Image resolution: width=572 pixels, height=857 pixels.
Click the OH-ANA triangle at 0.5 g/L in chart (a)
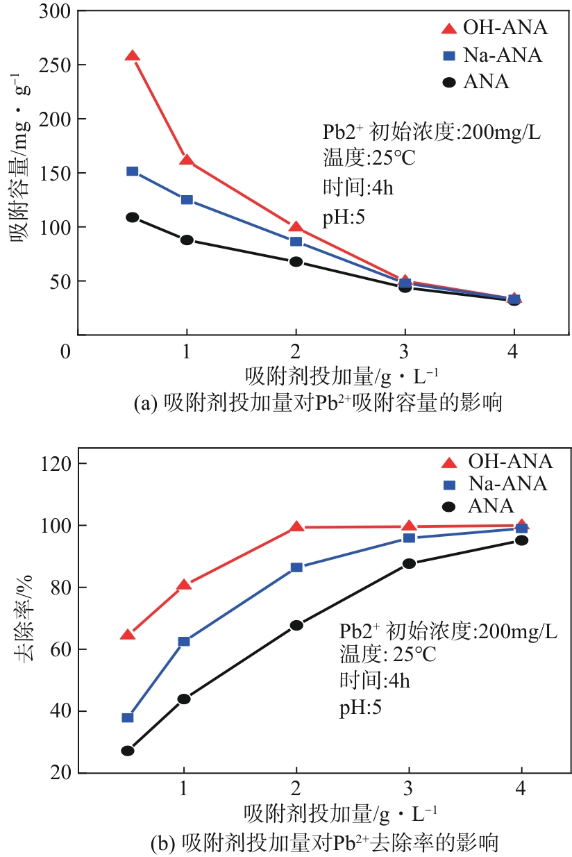(132, 56)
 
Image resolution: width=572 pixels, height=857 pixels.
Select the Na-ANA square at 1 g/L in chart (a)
(187, 200)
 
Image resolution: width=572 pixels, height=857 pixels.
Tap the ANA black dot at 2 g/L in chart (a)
(296, 262)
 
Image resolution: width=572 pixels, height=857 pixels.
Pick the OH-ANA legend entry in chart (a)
(494, 28)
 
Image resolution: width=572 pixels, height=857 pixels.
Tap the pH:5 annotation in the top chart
(344, 217)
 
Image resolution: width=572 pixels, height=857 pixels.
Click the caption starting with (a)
(317, 403)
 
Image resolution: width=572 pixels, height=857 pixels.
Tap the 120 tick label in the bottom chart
(53, 463)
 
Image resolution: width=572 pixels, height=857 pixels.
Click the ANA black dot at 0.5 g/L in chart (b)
(128, 751)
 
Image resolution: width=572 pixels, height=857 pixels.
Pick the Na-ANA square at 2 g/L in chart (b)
(296, 567)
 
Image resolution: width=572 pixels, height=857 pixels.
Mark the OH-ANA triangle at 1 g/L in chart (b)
(184, 585)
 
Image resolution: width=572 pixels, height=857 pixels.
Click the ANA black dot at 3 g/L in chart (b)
(409, 563)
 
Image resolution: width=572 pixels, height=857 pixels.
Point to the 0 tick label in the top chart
(66, 351)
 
